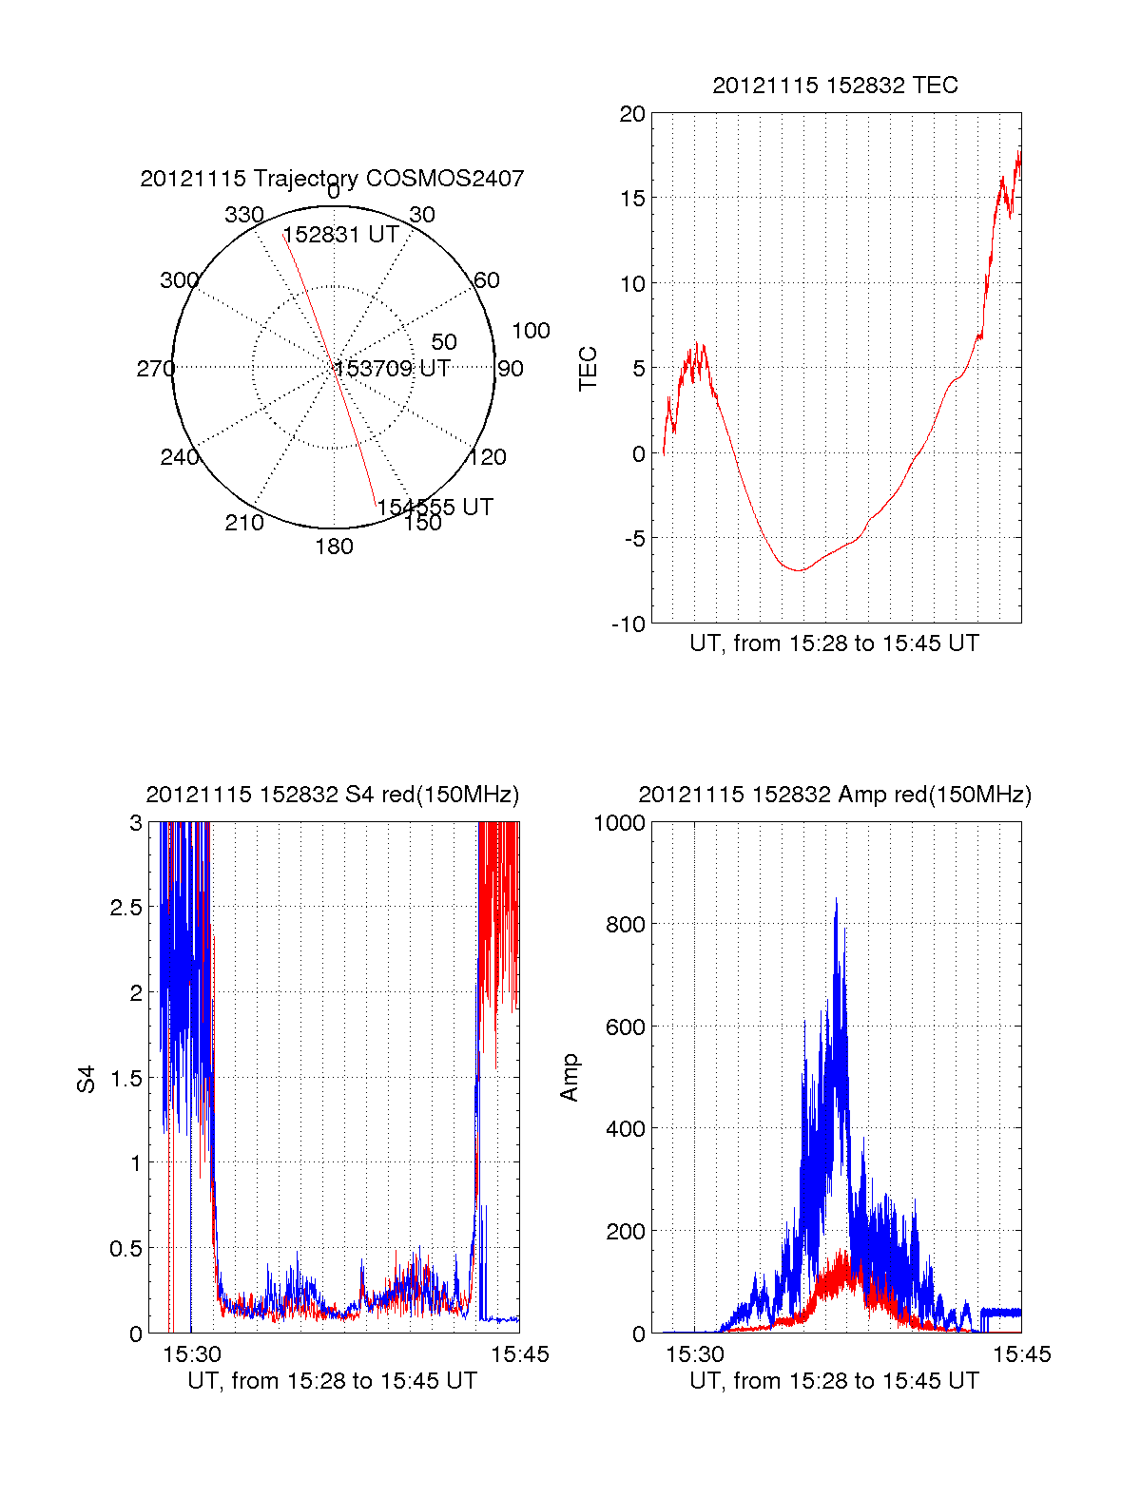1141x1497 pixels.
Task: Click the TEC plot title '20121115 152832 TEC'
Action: pyautogui.click(x=835, y=86)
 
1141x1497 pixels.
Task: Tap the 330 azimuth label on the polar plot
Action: pyautogui.click(x=243, y=215)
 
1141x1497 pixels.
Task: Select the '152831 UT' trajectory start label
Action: pyautogui.click(x=340, y=235)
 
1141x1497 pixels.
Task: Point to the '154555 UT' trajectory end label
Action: pyautogui.click(x=435, y=508)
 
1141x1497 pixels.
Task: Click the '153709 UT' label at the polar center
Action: pyautogui.click(x=392, y=369)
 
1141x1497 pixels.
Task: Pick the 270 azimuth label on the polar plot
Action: pyautogui.click(x=155, y=369)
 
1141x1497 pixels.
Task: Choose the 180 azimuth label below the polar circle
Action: pyautogui.click(x=334, y=547)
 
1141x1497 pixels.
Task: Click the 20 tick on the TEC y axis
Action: pyautogui.click(x=632, y=114)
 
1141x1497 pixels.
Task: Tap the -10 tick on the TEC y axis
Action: pyautogui.click(x=629, y=624)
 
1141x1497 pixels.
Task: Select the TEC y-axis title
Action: pyautogui.click(x=589, y=369)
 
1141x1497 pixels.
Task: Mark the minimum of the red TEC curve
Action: pyautogui.click(x=800, y=570)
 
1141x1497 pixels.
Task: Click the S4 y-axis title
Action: pyautogui.click(x=87, y=1079)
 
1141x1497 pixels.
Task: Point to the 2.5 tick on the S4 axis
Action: pyautogui.click(x=126, y=908)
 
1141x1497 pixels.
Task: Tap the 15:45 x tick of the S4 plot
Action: pyautogui.click(x=519, y=1354)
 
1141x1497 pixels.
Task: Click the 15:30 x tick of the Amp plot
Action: pyautogui.click(x=694, y=1354)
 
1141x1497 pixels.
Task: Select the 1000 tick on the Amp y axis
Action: pyautogui.click(x=620, y=823)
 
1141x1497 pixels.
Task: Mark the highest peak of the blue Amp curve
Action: pyautogui.click(x=836, y=899)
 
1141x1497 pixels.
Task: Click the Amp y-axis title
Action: pyautogui.click(x=570, y=1079)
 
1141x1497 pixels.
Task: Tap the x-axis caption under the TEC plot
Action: pyautogui.click(x=834, y=643)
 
